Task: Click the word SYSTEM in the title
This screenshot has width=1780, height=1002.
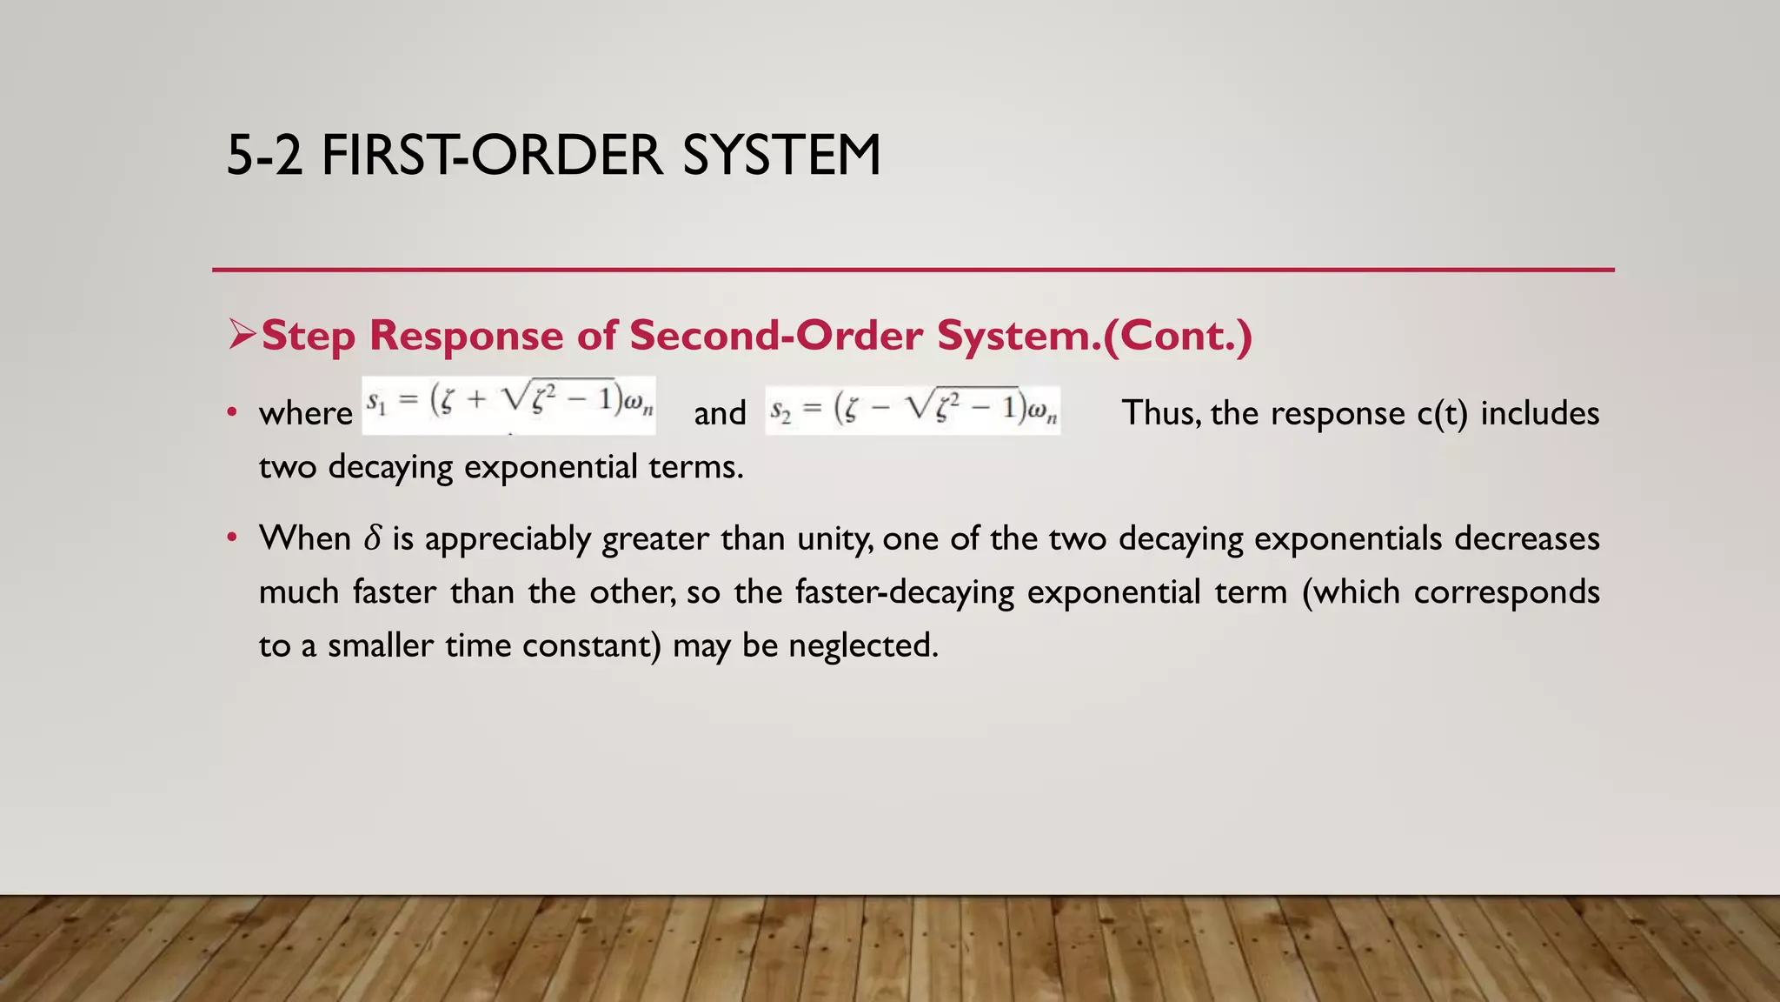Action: point(781,156)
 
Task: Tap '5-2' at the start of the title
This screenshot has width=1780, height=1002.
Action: point(264,156)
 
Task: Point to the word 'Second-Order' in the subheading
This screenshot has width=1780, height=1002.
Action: point(775,336)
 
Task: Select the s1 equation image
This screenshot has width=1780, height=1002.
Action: point(509,405)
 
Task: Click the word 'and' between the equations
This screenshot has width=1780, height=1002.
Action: point(720,413)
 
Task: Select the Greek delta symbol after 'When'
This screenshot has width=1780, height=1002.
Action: point(372,539)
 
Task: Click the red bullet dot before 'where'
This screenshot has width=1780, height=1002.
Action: point(231,412)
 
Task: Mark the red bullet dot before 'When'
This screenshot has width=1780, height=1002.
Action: point(231,538)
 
